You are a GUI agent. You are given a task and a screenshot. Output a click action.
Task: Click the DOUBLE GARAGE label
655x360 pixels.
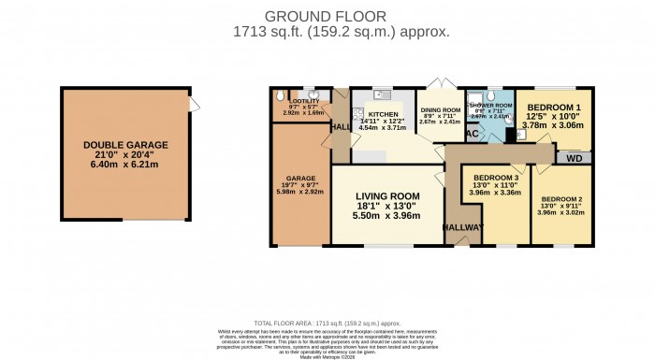point(125,145)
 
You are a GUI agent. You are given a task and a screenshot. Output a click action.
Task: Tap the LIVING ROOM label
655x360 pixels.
point(387,195)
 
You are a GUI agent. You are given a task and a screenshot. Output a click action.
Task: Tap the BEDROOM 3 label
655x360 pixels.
point(496,178)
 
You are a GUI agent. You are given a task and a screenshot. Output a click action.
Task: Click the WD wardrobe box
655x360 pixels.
point(574,158)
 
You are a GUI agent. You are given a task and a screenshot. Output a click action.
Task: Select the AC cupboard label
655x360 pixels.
point(473,135)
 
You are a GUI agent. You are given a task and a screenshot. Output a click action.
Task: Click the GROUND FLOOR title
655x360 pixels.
point(327,16)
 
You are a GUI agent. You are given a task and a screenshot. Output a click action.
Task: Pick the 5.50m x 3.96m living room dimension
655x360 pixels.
point(387,216)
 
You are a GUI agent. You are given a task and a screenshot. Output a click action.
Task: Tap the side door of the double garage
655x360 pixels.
point(192,104)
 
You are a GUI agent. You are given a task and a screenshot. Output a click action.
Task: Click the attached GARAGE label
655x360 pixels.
point(300,178)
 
